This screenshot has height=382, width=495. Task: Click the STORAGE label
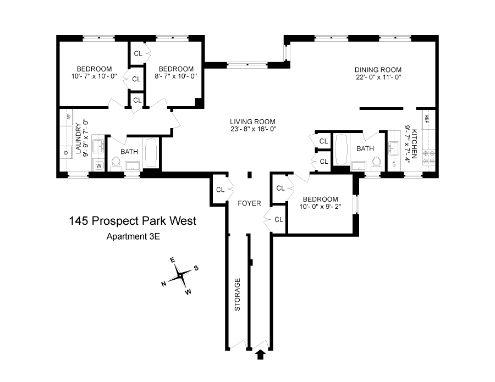coord(238,295)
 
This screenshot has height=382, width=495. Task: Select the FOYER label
coord(249,203)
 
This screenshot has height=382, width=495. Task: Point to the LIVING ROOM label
coord(252,122)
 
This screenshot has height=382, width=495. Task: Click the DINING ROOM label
coord(378,70)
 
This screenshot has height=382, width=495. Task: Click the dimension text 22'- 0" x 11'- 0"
coord(378,77)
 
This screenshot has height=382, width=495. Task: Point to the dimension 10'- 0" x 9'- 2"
coord(320,207)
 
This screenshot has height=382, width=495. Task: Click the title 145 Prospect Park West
coord(133,222)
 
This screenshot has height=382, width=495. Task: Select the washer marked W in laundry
coord(99,164)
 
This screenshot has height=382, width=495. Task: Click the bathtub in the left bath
coord(151,153)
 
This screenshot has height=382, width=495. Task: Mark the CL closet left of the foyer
coord(220,190)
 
